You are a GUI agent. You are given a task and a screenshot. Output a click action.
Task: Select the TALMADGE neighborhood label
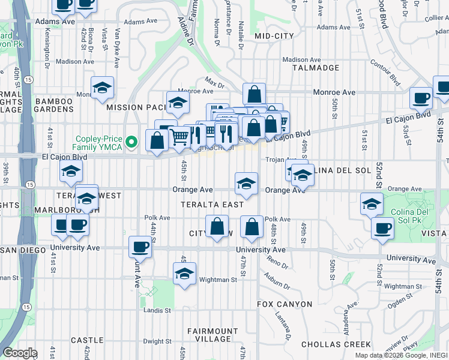click(316, 68)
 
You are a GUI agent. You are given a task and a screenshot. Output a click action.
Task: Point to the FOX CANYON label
click(285, 304)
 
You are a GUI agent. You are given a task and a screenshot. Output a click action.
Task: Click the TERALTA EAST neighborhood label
click(212, 205)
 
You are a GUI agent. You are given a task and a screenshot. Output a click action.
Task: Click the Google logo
click(20, 353)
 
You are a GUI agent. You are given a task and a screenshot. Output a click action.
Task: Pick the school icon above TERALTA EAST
click(246, 184)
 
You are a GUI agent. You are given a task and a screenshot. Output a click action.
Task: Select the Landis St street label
click(157, 310)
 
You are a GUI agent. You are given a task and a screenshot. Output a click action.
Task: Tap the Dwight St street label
click(157, 341)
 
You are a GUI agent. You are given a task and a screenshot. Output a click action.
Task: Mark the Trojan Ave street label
click(279, 160)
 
